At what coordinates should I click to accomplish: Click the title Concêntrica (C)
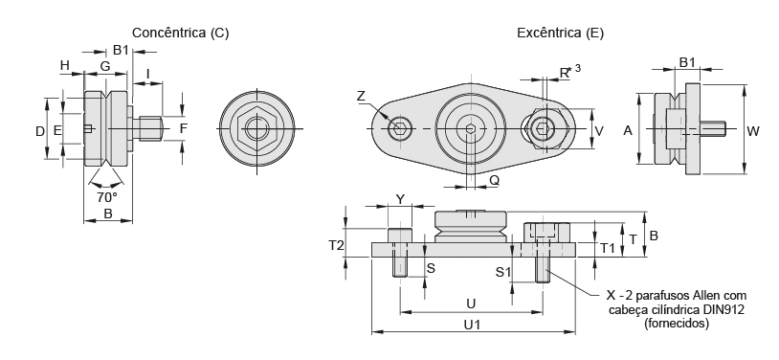pyautogui.click(x=180, y=34)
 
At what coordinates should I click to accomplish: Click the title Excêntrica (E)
pyautogui.click(x=561, y=34)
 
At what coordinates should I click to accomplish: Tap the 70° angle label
pyautogui.click(x=107, y=197)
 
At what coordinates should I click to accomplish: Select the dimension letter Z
pyautogui.click(x=361, y=97)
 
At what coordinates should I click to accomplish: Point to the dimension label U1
pyautogui.click(x=472, y=325)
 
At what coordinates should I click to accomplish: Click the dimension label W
pyautogui.click(x=753, y=131)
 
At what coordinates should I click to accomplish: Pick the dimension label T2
pyautogui.click(x=336, y=245)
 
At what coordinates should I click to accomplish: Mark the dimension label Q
pyautogui.click(x=495, y=181)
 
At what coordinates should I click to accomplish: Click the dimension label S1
pyautogui.click(x=503, y=272)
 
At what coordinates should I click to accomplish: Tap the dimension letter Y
pyautogui.click(x=400, y=199)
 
